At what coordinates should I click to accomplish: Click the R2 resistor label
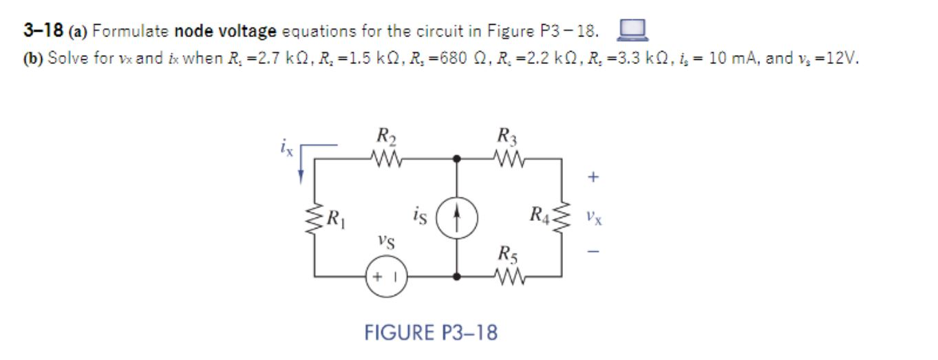[384, 136]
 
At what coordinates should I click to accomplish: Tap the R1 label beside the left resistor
[337, 220]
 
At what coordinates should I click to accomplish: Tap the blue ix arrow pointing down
[301, 165]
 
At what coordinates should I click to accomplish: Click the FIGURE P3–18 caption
[431, 333]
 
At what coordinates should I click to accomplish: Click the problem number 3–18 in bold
[43, 31]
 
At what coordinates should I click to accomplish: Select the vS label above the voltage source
[386, 242]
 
